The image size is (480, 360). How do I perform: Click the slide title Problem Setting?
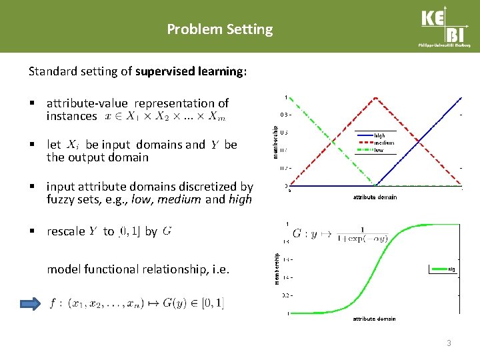click(x=219, y=29)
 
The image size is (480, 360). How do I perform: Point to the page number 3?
click(x=449, y=343)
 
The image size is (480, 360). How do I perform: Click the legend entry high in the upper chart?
click(x=380, y=135)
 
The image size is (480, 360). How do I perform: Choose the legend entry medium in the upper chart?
click(x=384, y=143)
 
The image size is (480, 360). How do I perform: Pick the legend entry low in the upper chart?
click(x=379, y=150)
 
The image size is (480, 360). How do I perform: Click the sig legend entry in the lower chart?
click(x=451, y=269)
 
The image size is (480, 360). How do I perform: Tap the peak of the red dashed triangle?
click(x=376, y=99)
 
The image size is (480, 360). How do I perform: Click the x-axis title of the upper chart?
click(x=375, y=197)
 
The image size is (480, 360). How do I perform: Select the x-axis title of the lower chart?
click(x=374, y=319)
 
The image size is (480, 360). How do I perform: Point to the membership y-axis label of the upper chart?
click(x=276, y=139)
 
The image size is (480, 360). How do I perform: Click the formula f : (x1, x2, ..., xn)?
click(x=137, y=304)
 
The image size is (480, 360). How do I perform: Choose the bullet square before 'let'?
click(x=31, y=145)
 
